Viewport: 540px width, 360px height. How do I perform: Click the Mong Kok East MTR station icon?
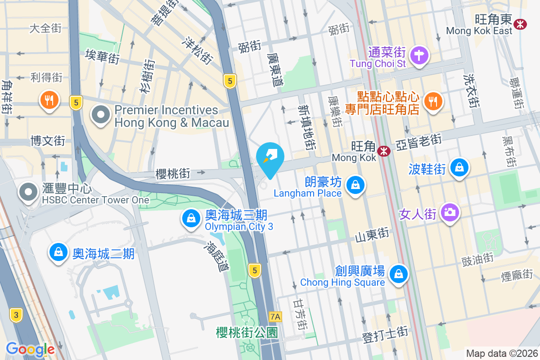click(521, 23)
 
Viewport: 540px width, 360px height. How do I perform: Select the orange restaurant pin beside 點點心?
click(433, 100)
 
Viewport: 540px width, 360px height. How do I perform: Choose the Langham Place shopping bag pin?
click(355, 184)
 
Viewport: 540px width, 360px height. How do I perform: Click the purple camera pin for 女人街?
click(449, 211)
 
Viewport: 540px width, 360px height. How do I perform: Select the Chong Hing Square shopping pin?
click(398, 274)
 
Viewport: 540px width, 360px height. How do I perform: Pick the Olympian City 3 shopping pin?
click(191, 219)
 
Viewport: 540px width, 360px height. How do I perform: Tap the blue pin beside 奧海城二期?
click(58, 252)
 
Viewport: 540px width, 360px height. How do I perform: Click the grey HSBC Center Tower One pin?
click(29, 192)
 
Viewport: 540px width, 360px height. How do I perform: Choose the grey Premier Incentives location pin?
click(101, 115)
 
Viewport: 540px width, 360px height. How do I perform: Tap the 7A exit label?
click(275, 317)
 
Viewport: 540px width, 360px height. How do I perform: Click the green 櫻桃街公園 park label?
click(247, 333)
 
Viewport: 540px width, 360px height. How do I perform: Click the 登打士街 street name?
click(385, 334)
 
